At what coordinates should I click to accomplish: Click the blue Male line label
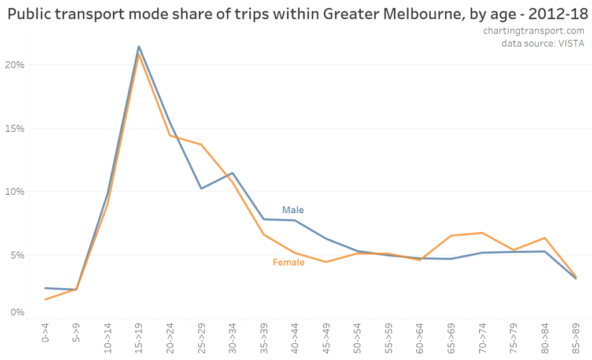293,210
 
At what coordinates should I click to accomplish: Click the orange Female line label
288,262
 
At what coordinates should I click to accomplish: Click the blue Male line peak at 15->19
139,46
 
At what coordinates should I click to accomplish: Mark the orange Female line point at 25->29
201,144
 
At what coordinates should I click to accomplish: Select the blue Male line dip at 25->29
201,188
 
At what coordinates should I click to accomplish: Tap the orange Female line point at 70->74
482,233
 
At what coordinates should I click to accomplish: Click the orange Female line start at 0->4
45,299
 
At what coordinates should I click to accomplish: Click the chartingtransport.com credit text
534,31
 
